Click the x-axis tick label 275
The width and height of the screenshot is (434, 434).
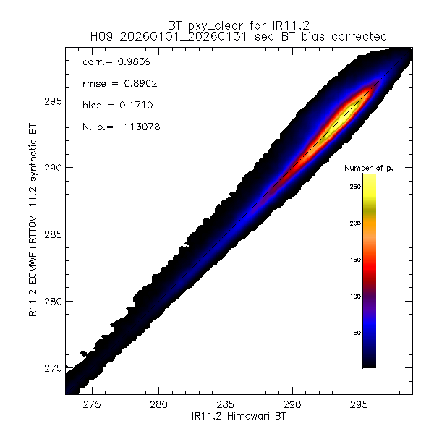click(92, 405)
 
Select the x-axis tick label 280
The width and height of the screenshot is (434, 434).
click(158, 405)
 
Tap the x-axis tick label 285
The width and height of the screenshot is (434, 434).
click(225, 405)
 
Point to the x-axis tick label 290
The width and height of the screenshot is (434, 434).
click(292, 405)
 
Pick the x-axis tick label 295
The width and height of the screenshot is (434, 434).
click(359, 405)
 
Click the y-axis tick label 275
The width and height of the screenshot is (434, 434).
click(51, 368)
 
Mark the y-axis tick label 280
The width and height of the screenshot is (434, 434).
click(51, 301)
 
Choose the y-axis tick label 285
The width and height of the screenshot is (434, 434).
click(51, 234)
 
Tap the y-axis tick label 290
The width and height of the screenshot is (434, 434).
click(51, 168)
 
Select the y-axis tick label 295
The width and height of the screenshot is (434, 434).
click(51, 101)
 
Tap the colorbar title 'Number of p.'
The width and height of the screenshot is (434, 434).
click(369, 168)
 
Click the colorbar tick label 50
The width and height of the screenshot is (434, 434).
click(354, 333)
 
